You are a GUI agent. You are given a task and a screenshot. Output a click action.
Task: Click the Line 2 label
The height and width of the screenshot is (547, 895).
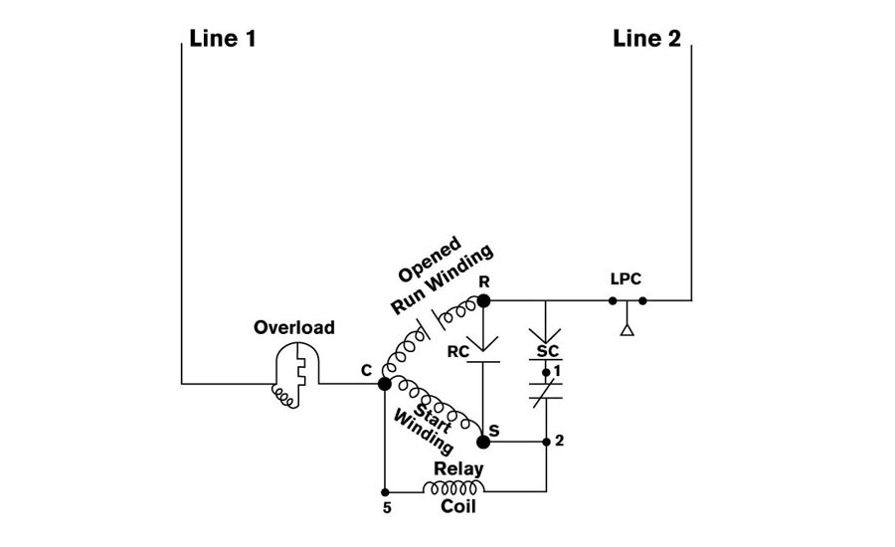pos(647,40)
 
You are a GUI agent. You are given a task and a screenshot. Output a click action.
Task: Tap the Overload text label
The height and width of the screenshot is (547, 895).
pos(294,327)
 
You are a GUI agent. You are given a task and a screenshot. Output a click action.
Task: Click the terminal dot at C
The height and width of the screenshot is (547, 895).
pos(384,382)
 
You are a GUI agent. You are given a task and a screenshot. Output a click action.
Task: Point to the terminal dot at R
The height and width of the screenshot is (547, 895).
pos(483,299)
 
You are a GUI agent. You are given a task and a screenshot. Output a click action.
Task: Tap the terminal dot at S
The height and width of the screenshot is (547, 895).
pos(483,440)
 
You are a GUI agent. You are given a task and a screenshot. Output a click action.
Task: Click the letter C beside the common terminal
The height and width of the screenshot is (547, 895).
pos(366,370)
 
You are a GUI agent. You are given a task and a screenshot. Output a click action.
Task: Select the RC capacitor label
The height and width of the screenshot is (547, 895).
pos(459,351)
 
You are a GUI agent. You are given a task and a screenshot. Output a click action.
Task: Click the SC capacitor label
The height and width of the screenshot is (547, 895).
pos(547,351)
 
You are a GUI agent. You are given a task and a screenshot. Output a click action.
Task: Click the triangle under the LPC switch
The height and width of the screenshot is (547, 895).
pos(627,328)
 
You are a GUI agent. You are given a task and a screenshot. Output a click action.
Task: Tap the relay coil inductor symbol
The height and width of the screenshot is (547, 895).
pos(453,490)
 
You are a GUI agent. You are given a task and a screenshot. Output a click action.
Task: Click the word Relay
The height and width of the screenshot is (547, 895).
pos(458,468)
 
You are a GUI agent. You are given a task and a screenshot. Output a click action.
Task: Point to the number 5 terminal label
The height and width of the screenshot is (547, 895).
pos(385,508)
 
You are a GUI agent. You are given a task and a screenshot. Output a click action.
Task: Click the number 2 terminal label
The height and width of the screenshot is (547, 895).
pos(560,441)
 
